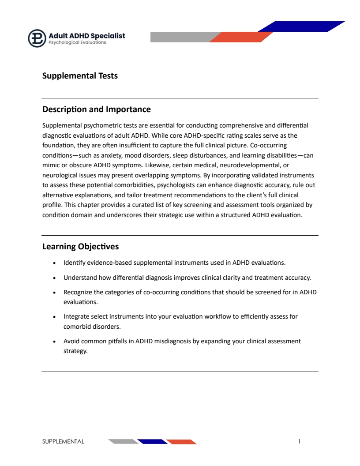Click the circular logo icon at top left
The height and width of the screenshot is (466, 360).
click(37, 38)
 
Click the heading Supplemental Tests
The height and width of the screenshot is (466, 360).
click(80, 76)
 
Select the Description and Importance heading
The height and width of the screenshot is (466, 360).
click(96, 109)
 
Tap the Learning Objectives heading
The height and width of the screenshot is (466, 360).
click(80, 247)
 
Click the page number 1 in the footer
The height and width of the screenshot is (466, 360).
click(299, 441)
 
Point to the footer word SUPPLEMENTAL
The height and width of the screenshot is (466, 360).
click(63, 441)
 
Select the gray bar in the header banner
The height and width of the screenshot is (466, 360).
click(181, 37)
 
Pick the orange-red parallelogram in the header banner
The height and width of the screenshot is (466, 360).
click(241, 37)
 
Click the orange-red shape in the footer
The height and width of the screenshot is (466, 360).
click(181, 442)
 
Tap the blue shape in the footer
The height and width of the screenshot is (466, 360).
click(152, 442)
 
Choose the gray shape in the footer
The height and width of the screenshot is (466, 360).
click(123, 442)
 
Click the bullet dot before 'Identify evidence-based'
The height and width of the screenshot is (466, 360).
click(54, 263)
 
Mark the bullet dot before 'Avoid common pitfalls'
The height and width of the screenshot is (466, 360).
click(54, 342)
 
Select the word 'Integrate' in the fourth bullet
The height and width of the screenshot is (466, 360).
click(76, 316)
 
